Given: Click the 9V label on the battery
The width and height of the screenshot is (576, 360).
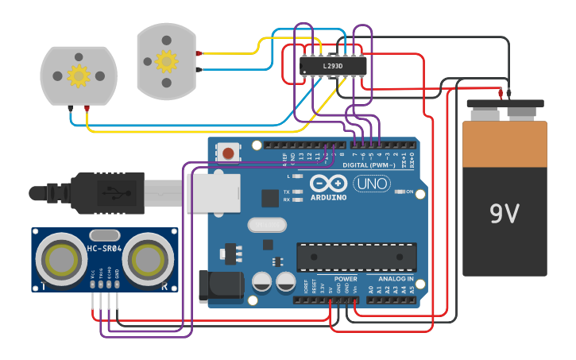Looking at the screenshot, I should (x=504, y=213).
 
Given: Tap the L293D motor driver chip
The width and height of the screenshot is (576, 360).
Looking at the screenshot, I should (x=333, y=66).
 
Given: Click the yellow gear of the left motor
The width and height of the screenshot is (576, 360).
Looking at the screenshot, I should (x=78, y=75).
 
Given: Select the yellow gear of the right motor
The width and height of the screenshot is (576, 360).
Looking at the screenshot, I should (x=166, y=60).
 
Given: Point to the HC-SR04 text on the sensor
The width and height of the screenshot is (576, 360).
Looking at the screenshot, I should (x=103, y=250).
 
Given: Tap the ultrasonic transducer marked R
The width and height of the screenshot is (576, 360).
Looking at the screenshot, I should (x=149, y=258).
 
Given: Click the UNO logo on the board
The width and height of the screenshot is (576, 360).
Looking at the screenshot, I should (x=371, y=184).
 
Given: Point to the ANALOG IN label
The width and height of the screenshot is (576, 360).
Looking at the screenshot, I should (x=395, y=279).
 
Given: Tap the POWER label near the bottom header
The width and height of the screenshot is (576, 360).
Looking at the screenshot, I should (x=346, y=279).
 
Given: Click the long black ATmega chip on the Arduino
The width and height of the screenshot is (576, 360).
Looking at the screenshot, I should (x=356, y=257).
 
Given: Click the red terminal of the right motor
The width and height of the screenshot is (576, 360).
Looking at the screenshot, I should (x=199, y=53).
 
